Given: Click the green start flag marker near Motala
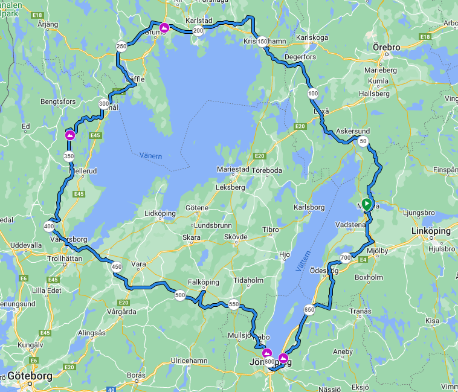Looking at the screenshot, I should [x=366, y=204].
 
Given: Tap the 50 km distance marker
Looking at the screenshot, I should [x=363, y=141].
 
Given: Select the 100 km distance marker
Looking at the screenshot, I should [x=312, y=94].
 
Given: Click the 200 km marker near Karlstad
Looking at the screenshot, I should [x=198, y=31].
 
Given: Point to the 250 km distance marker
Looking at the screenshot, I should [x=121, y=47].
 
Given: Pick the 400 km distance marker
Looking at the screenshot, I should [x=49, y=227].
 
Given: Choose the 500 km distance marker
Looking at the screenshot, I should [x=179, y=295].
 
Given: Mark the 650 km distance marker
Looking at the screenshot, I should [x=309, y=310].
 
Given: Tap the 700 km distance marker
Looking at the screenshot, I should [x=346, y=257].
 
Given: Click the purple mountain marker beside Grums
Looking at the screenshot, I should [x=164, y=27].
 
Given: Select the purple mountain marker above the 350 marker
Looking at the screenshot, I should [x=70, y=135].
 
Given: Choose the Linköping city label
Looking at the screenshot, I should [x=430, y=231].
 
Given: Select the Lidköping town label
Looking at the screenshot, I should [x=160, y=213].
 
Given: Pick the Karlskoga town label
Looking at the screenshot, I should [x=312, y=37].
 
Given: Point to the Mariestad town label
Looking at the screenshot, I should [x=233, y=170].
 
